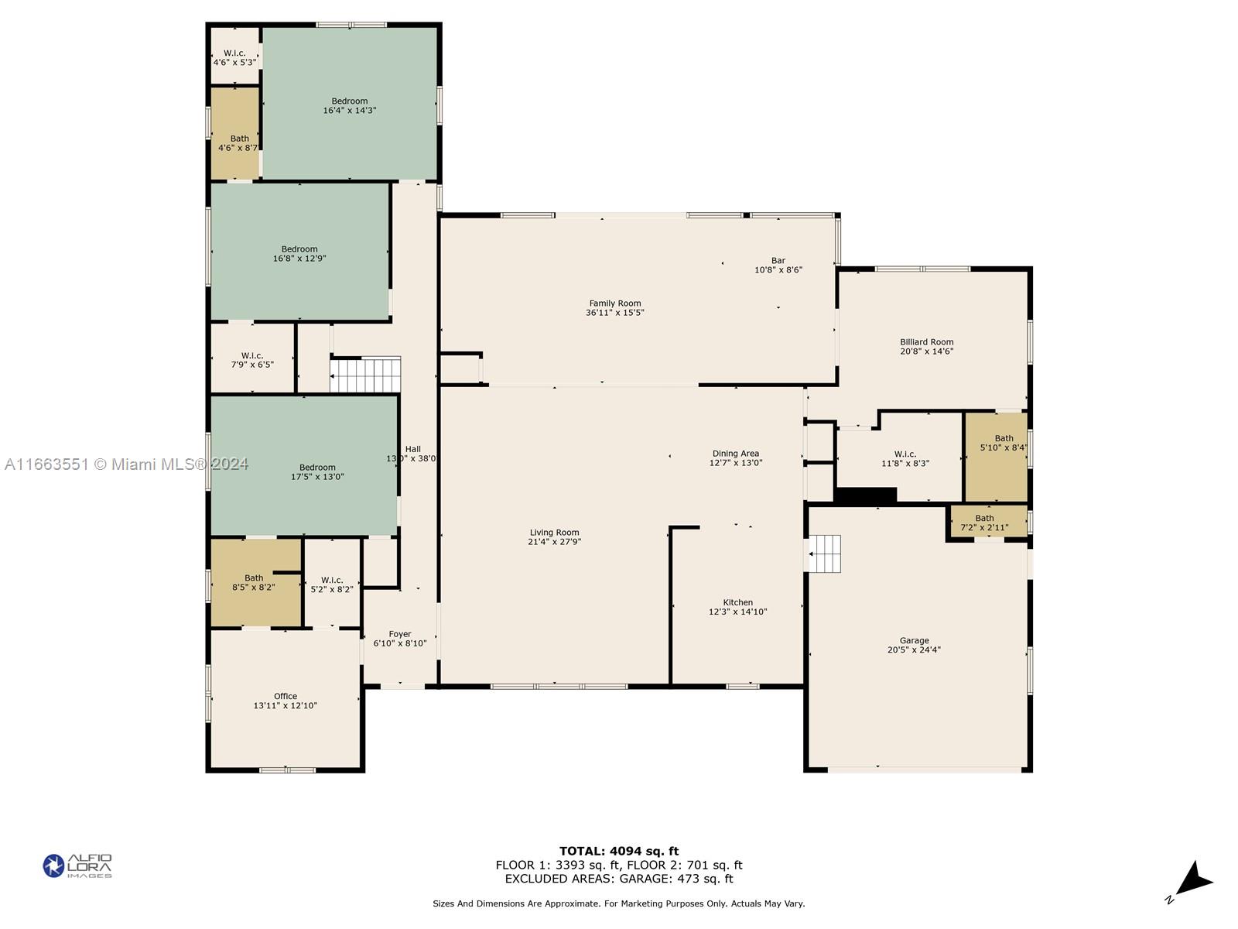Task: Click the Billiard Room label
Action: coord(926,342)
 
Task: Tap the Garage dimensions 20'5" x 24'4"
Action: coord(914,650)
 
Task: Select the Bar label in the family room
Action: coord(778,261)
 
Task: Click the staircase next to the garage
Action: coord(826,554)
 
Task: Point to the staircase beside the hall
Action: coord(366,375)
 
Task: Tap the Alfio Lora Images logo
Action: coord(77,866)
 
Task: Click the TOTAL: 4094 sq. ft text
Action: coord(619,851)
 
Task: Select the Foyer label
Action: coord(400,634)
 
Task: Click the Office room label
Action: coord(286,696)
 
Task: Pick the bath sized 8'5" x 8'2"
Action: coord(254,582)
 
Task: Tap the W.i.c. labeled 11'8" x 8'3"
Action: coord(905,459)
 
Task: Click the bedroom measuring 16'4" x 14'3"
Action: coord(350,106)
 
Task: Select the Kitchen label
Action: coord(737,602)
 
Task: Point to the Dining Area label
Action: coord(735,454)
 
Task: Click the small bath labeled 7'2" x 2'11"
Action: coord(984,523)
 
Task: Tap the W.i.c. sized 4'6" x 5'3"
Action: coord(234,57)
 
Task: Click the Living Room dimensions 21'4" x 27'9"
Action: coord(554,542)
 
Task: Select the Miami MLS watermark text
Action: coord(126,464)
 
